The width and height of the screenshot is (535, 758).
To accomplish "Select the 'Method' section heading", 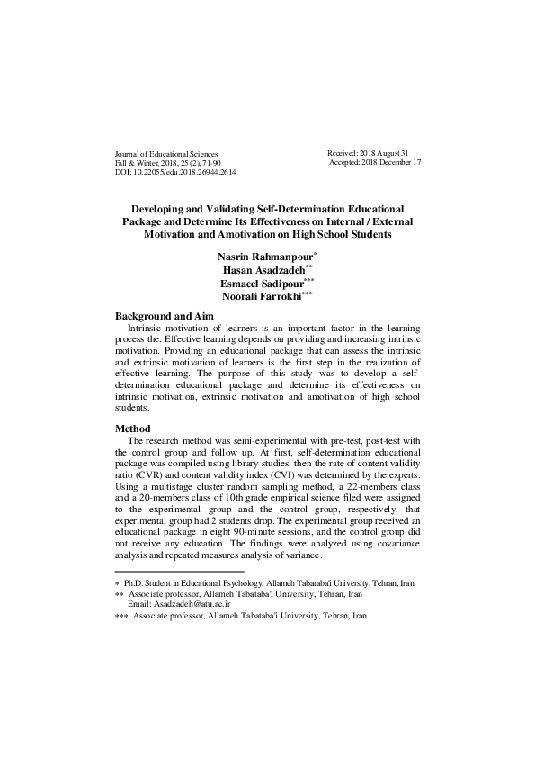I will [133, 429].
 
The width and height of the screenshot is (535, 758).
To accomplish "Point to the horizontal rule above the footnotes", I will [180, 571].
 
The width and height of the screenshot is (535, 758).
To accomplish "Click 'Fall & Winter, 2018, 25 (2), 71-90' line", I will [162, 163].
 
